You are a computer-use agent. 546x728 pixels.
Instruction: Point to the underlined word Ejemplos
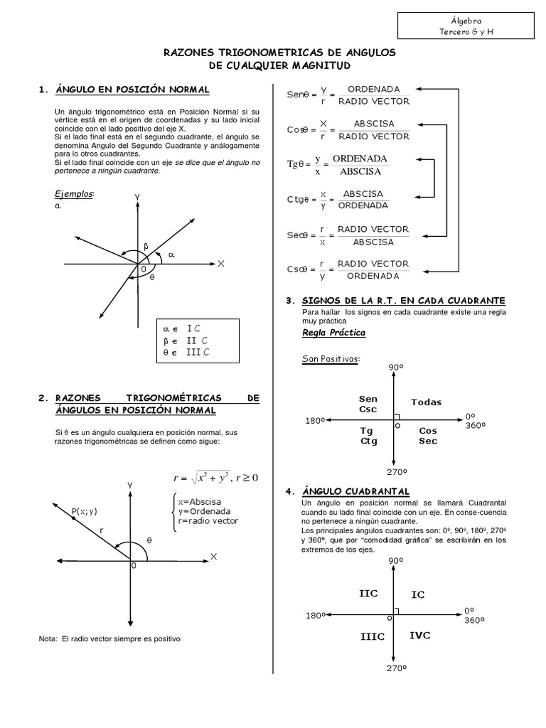[x=73, y=194]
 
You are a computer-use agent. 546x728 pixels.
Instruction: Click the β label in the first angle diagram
[x=146, y=246]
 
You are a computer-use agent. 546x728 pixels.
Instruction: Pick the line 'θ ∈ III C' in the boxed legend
[x=186, y=351]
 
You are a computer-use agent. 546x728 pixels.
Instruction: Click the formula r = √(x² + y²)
[x=201, y=478]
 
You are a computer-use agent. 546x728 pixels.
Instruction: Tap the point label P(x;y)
[x=84, y=510]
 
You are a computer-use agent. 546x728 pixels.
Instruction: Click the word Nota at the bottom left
[x=49, y=638]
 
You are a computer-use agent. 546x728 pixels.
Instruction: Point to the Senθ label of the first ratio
[x=297, y=95]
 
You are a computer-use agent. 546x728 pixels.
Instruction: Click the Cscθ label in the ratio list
[x=298, y=269]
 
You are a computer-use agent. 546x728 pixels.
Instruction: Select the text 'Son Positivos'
[x=330, y=358]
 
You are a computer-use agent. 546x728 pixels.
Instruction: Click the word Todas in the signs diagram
[x=426, y=402]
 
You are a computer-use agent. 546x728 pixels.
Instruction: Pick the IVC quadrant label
[x=419, y=635]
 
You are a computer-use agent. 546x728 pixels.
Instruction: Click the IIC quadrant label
[x=368, y=593]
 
